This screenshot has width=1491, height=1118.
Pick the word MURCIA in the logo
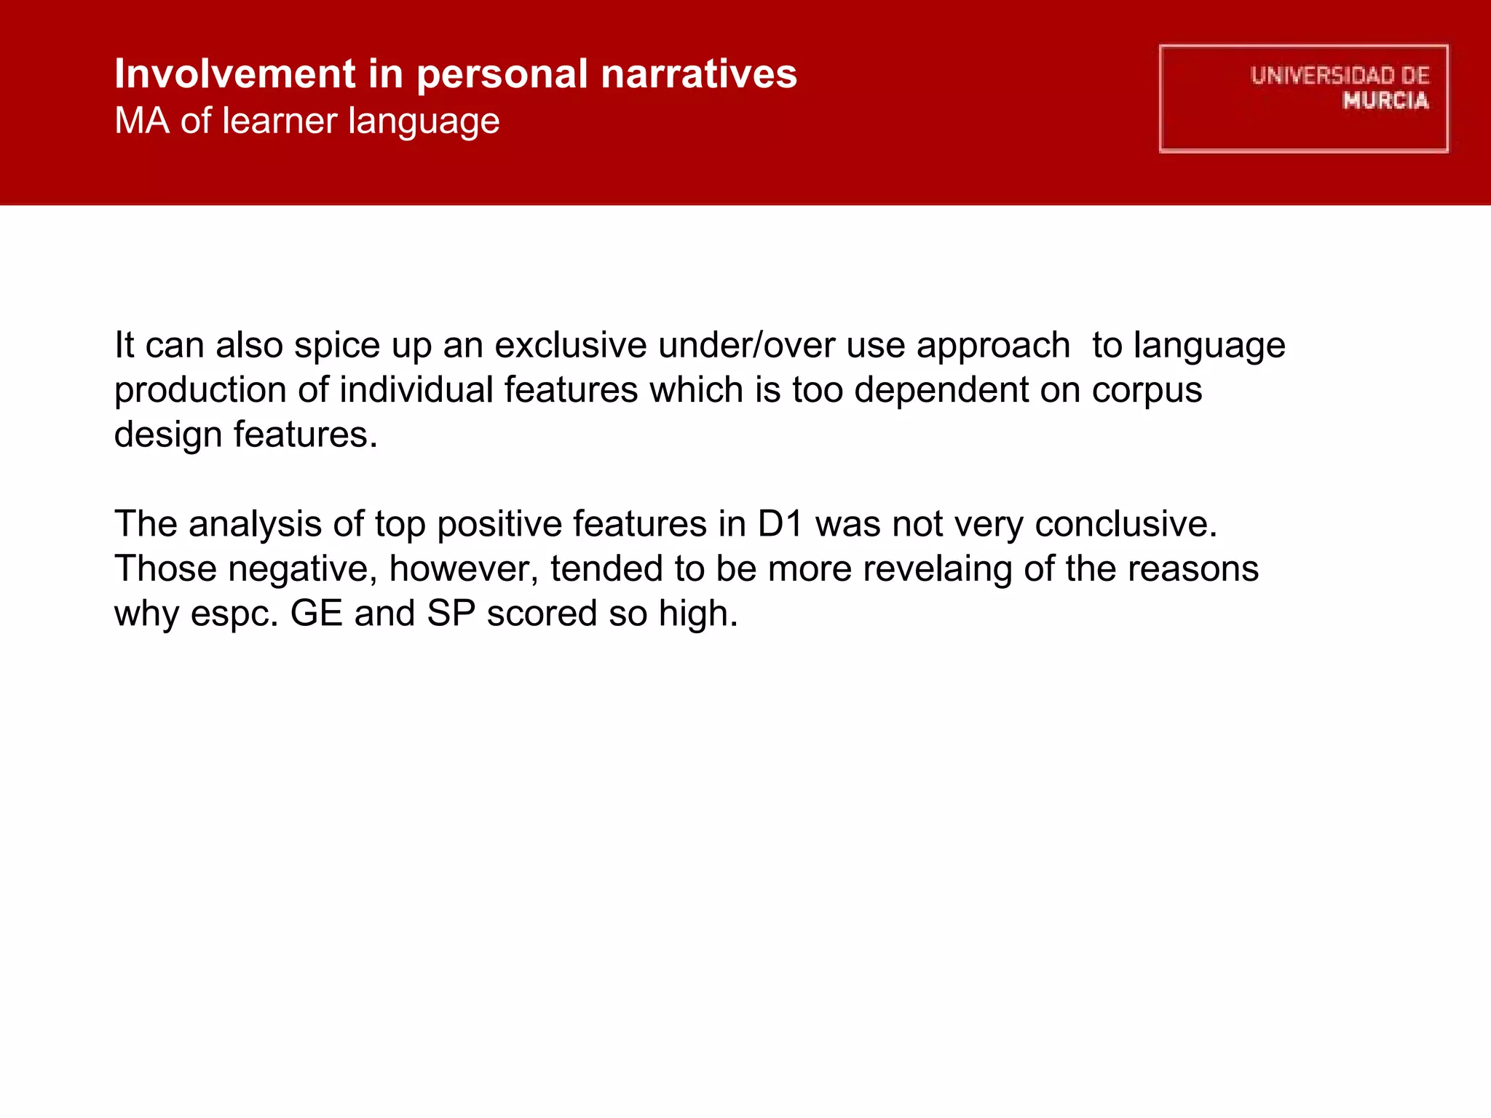click(x=1385, y=100)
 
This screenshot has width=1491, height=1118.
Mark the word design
click(x=168, y=435)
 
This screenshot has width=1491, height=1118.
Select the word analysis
click(x=255, y=525)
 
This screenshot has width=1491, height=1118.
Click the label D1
click(x=780, y=524)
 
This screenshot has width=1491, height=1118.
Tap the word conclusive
click(x=1126, y=524)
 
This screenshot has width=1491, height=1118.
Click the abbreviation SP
click(x=451, y=614)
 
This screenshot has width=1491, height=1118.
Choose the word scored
click(x=542, y=614)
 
